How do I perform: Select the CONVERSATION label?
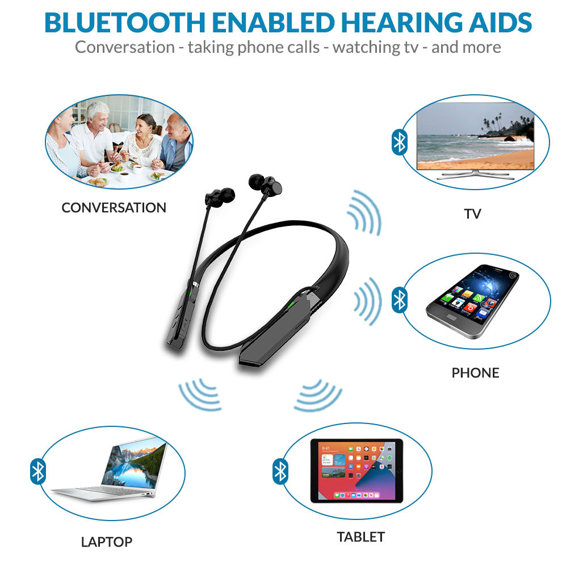pos(114,208)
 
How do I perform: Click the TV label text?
pos(472,214)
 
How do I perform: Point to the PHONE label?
pos(475,373)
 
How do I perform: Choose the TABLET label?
pos(360,536)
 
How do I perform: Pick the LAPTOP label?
pos(107,542)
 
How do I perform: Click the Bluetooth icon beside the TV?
pos(400,142)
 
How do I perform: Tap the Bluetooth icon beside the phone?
pos(400,299)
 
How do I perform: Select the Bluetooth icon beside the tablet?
pos(280,471)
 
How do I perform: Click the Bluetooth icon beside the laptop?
pos(37,471)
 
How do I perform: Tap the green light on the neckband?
pos(290,305)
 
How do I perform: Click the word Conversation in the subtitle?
pos(124,47)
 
